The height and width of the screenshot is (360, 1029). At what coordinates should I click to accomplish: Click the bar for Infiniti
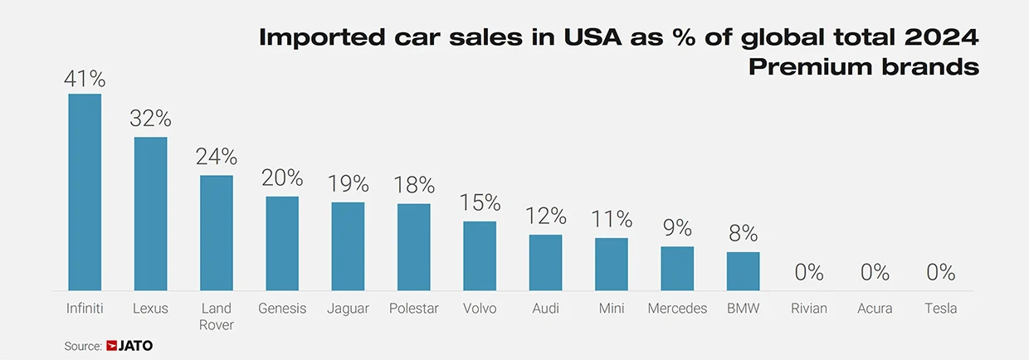(85, 192)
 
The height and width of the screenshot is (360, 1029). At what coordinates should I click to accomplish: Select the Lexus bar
(150, 213)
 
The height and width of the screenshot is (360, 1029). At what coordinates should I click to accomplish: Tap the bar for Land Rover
(217, 232)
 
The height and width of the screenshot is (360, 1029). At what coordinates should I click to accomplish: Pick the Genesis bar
(282, 243)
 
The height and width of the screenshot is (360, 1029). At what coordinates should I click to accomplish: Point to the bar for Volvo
(480, 255)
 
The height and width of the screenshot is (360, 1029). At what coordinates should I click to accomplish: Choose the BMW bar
(743, 271)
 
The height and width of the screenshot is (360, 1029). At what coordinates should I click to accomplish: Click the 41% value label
(85, 79)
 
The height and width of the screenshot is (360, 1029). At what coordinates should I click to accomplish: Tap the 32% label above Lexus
(150, 118)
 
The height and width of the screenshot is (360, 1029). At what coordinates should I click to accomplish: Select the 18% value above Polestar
(414, 185)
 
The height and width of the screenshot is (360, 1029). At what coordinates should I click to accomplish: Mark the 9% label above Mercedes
(677, 227)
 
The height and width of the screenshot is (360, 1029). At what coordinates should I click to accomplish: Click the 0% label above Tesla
(940, 272)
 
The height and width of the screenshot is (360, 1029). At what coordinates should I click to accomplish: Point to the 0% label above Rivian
(809, 272)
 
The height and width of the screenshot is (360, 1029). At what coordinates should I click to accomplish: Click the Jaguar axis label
(349, 309)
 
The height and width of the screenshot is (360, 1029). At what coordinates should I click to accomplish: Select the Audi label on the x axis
(545, 309)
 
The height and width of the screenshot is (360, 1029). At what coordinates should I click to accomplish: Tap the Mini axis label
(612, 309)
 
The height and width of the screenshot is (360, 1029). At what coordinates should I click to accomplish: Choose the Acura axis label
(875, 309)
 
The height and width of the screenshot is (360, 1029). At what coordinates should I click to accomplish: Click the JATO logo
(129, 346)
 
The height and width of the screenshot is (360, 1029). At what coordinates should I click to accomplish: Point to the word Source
(83, 346)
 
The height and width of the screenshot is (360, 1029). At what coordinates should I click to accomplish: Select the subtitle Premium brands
(863, 67)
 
